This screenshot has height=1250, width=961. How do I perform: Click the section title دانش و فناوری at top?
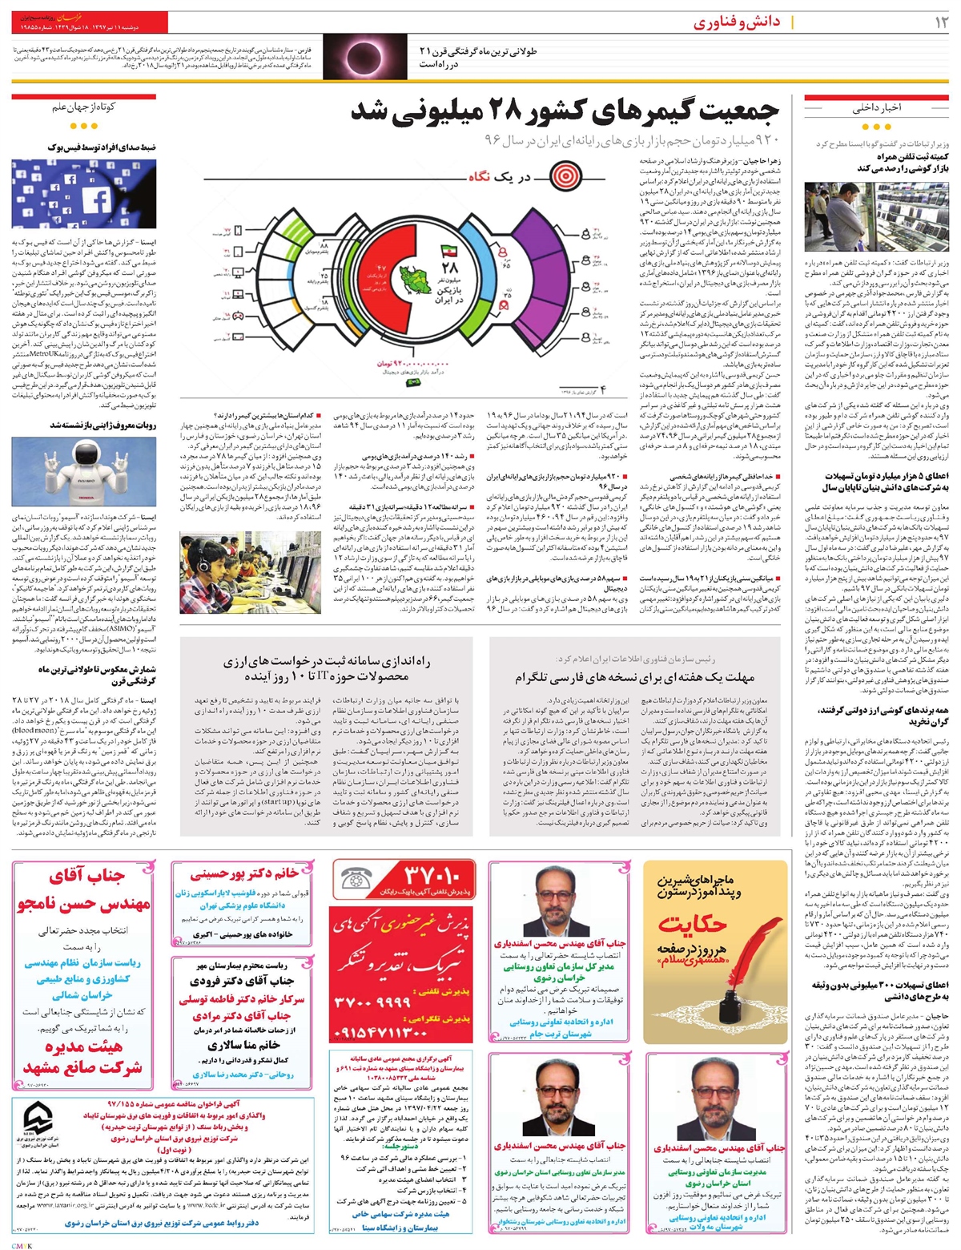(736, 23)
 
